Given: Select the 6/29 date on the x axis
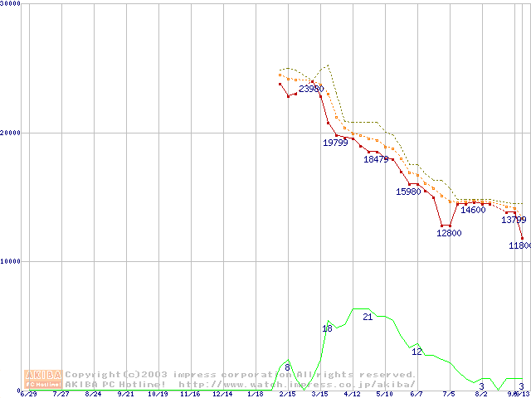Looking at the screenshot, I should [29, 395].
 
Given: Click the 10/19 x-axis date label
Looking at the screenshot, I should [158, 395].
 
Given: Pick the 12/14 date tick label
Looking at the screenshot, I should [222, 395].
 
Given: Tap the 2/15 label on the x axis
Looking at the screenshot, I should [287, 395].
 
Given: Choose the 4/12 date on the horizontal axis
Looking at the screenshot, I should [352, 395].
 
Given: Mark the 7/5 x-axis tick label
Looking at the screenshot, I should [449, 395].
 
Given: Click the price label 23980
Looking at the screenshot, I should [311, 89].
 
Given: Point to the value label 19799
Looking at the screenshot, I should [335, 143].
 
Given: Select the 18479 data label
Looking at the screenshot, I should [376, 159].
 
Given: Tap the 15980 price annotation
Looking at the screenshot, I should [408, 192].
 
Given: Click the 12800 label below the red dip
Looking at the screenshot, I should [449, 233].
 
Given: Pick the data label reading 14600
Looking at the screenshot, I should [473, 210].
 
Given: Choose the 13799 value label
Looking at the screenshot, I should [514, 220].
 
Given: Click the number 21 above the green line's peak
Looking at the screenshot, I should [368, 318].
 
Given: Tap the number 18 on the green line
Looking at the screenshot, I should [327, 329].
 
